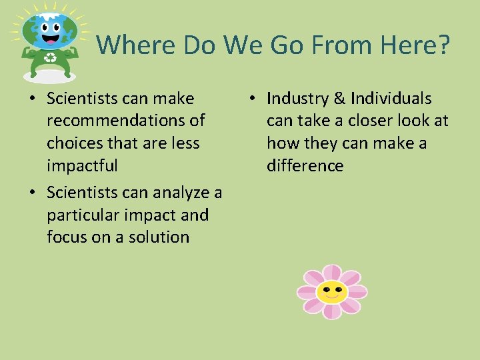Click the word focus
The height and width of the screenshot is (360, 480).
coord(66,237)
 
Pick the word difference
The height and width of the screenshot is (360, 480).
coord(305,165)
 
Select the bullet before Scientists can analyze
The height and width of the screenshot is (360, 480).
coord(31,193)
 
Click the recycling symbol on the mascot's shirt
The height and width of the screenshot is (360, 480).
coord(50,58)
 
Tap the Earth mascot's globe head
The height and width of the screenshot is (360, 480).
coord(49,29)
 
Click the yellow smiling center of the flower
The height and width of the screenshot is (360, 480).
coord(331,292)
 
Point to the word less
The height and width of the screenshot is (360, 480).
coord(185,143)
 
